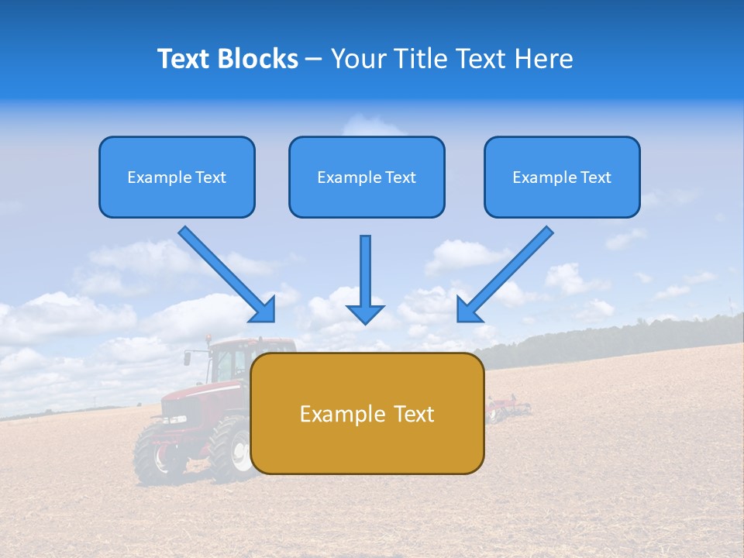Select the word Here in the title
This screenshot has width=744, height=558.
pos(545,59)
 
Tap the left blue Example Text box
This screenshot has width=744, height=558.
pos(177,177)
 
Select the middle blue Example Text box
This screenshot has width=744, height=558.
pos(367,177)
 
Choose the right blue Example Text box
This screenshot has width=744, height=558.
pos(562,177)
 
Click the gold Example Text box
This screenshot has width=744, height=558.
pos(367,413)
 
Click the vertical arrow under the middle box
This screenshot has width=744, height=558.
pos(365,279)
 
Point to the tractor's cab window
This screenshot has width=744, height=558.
pos(228,361)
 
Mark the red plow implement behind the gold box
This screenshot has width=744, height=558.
pos(508,407)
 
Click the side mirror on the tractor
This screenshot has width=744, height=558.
pos(188,358)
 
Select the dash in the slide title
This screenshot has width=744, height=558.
pos(314,59)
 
